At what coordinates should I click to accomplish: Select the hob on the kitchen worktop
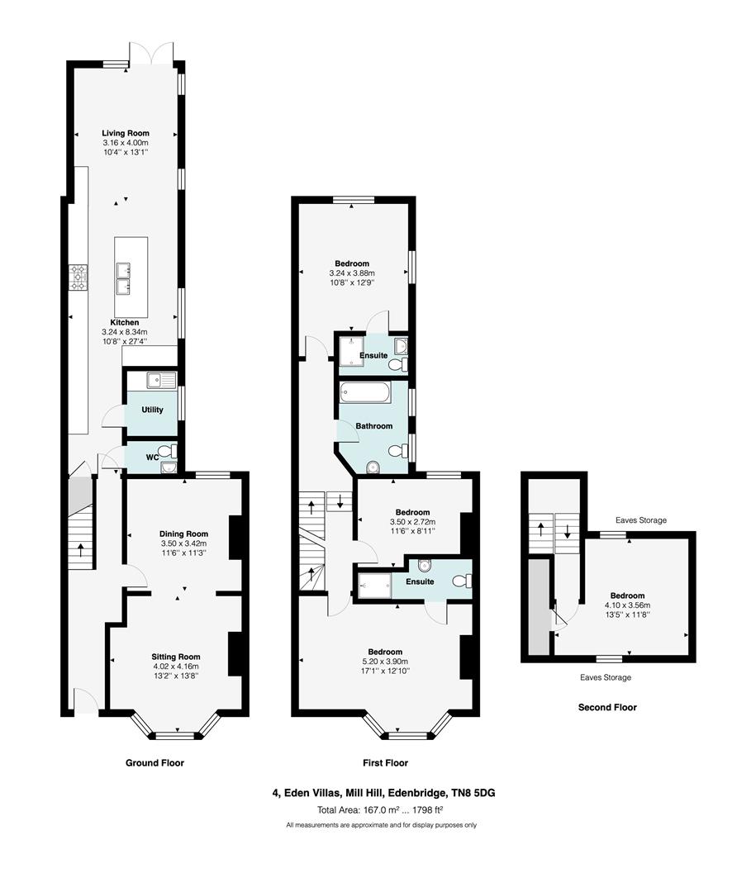coord(78,278)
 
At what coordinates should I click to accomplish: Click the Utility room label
coord(153,410)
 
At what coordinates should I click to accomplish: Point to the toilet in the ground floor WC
coord(168,451)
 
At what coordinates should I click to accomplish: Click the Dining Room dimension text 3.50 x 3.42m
coord(184,543)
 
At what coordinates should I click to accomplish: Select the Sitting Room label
coord(176,657)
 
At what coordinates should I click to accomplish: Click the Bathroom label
coord(373,426)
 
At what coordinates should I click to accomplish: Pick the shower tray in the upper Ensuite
coord(353,353)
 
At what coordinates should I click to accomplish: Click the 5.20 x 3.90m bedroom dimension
coord(385,662)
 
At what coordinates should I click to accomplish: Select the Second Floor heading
coord(607,707)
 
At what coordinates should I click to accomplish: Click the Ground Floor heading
coord(155,763)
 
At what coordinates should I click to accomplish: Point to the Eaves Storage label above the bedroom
coord(640,520)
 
